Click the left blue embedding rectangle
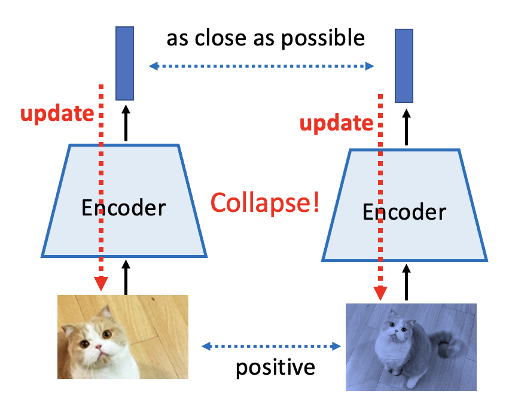(x=124, y=63)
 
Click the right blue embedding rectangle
(x=405, y=66)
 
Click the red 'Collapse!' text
(x=265, y=204)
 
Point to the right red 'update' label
(x=336, y=123)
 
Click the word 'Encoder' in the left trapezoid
(x=123, y=208)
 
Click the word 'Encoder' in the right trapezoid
(x=404, y=212)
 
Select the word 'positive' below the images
(x=275, y=366)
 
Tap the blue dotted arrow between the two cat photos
(x=271, y=345)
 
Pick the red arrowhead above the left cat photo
(x=102, y=283)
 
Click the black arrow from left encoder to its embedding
(x=126, y=123)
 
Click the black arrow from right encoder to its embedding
(x=406, y=126)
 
